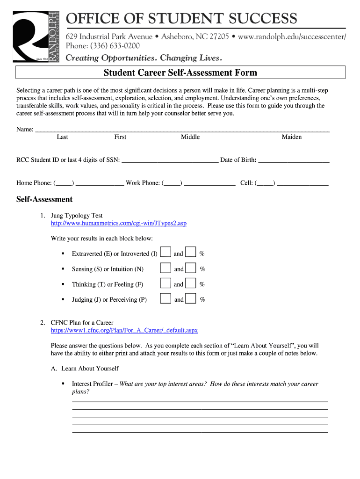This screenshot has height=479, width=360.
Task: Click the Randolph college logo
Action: [36, 37]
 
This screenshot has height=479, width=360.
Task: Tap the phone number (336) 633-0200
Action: [112, 46]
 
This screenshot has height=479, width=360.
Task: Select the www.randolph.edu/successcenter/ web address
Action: [292, 36]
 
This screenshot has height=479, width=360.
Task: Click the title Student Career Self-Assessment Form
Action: [180, 73]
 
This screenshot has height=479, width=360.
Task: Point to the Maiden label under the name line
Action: [291, 137]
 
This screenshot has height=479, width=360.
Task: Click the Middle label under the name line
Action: [190, 137]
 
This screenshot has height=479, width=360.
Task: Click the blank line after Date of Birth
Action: [294, 160]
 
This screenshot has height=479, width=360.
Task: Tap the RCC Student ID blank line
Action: [170, 160]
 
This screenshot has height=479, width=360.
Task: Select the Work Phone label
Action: [143, 183]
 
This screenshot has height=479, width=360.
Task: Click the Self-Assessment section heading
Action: [44, 199]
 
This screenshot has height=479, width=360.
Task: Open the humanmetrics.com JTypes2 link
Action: [118, 223]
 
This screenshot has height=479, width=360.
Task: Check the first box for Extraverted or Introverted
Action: [166, 253]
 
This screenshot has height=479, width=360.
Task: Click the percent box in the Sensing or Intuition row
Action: [190, 269]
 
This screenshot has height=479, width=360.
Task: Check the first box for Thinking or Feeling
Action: [166, 283]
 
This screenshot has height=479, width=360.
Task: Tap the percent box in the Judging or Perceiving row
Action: [190, 299]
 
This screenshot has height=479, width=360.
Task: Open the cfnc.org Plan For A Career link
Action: [124, 330]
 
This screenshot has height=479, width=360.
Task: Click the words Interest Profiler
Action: [92, 384]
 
